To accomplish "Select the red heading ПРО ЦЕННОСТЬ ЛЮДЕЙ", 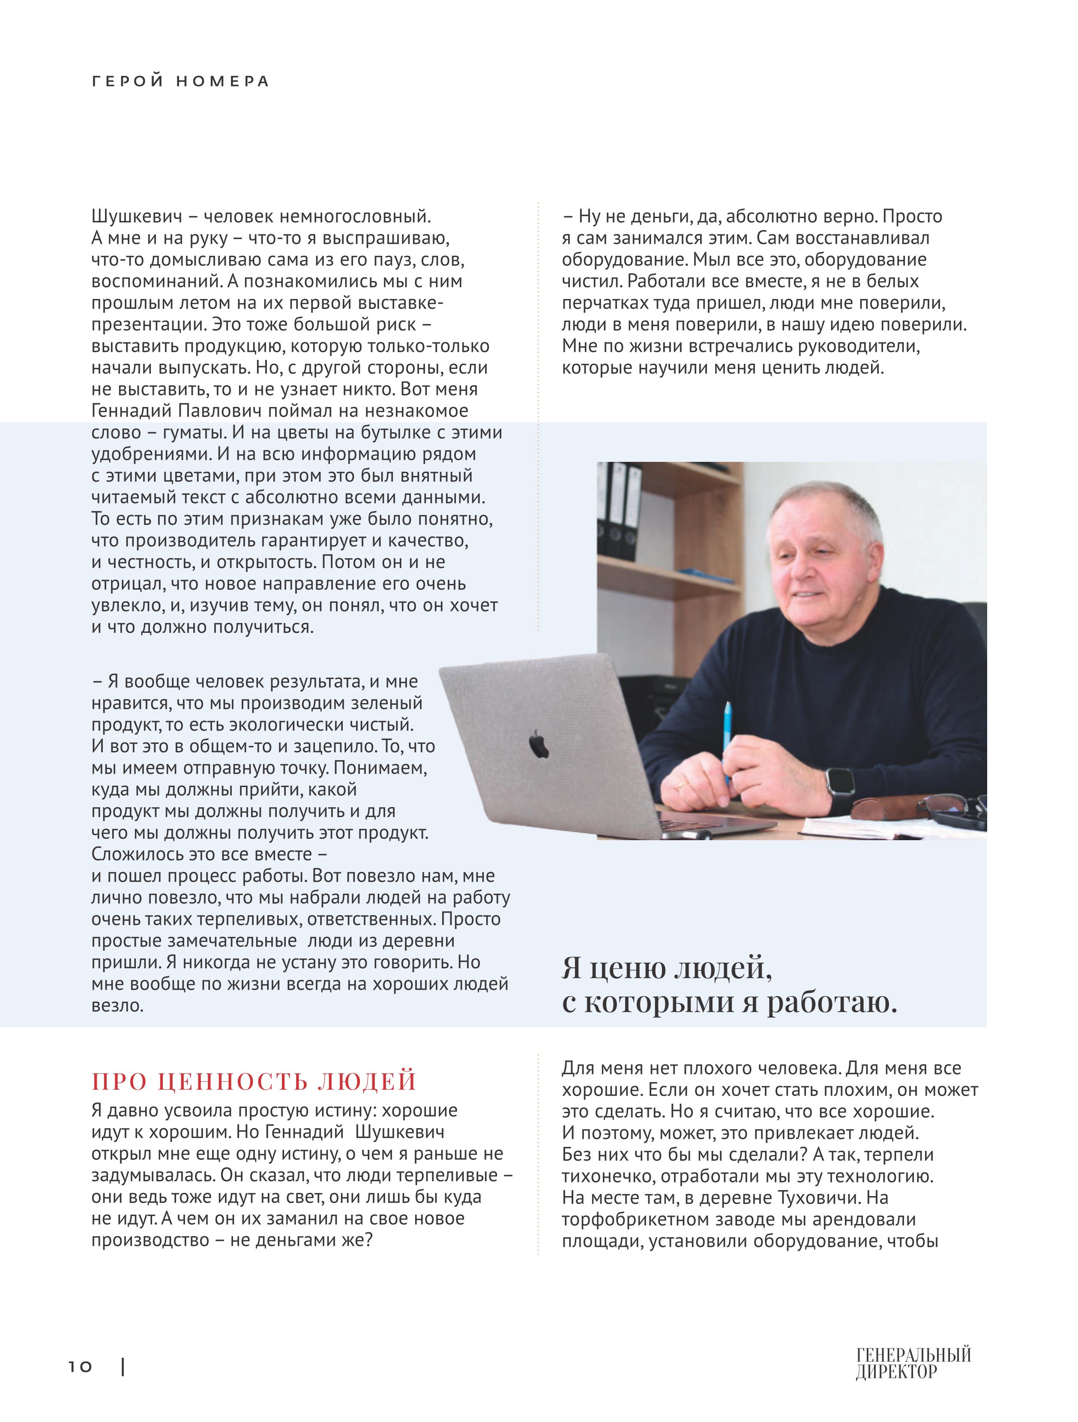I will [x=254, y=1081].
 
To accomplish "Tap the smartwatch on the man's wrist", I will [x=839, y=788].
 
